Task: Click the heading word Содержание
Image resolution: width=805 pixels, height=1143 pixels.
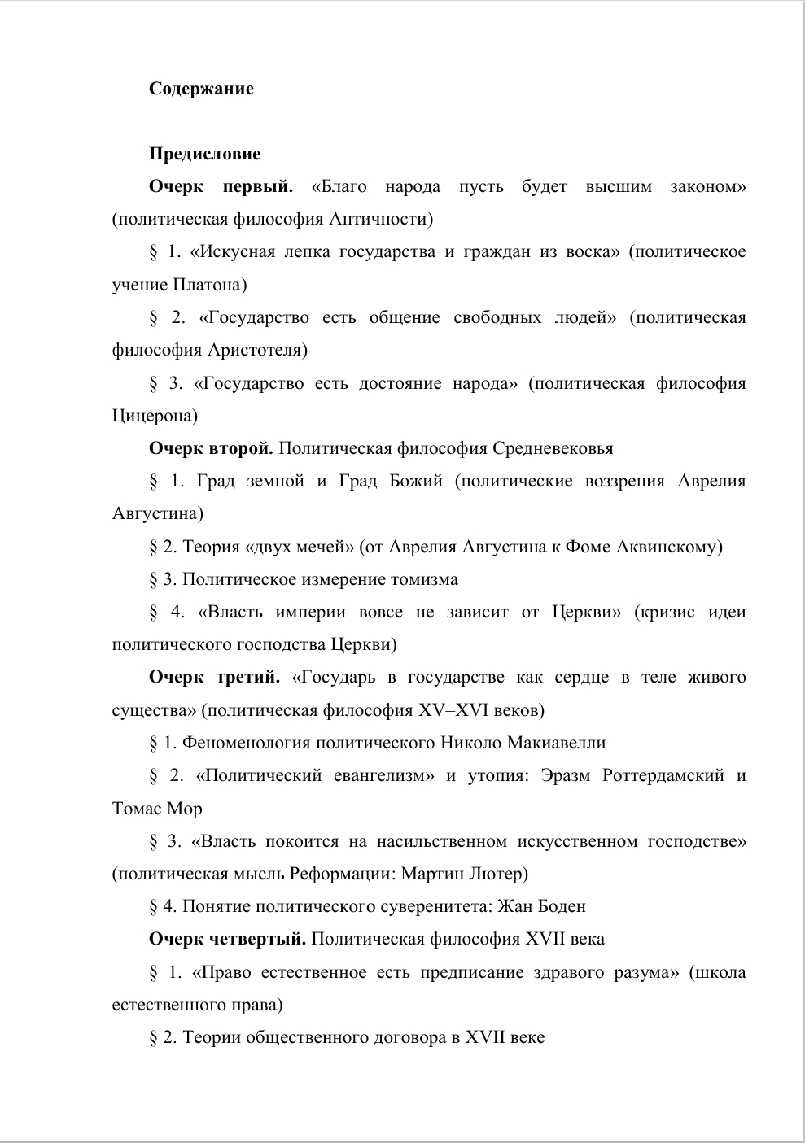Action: point(201,89)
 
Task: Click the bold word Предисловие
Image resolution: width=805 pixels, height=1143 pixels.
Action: point(204,154)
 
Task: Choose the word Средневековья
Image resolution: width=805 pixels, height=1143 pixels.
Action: point(551,448)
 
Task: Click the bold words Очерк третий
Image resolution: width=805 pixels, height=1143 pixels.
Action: point(215,678)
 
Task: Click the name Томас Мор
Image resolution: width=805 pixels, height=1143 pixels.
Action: point(156,809)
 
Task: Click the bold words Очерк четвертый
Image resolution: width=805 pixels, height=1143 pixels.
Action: point(227,939)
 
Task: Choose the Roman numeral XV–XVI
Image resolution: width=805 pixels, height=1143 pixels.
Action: point(453,710)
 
